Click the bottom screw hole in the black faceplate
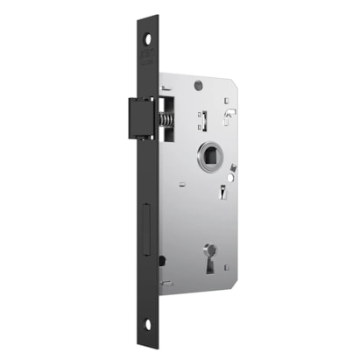147,324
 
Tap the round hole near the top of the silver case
198,86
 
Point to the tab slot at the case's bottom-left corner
166,284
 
